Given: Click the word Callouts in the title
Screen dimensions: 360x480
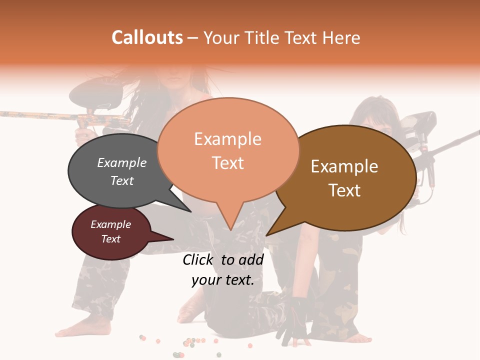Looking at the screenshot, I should (x=147, y=37).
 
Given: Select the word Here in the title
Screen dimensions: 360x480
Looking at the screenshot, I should (x=341, y=37).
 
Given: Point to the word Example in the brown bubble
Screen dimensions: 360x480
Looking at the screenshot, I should (x=344, y=166).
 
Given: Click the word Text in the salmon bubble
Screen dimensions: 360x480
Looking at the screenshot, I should (x=228, y=163).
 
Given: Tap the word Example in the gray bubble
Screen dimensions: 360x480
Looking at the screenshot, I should (x=121, y=162).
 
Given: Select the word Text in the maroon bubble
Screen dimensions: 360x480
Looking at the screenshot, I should (x=110, y=239).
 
